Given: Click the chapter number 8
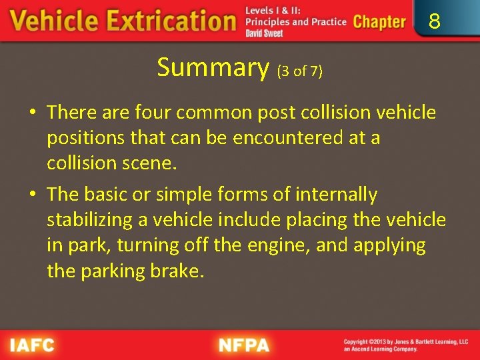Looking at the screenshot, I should [435, 22].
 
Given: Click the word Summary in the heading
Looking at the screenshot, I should [213, 67].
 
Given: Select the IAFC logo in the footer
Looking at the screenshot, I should [31, 345].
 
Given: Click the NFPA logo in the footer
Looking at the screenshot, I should [244, 345].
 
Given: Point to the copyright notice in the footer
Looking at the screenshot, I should [405, 345].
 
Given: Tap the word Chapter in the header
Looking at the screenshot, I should [379, 22].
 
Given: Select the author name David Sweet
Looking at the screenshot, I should [264, 33].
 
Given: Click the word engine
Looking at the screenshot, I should [279, 245].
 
